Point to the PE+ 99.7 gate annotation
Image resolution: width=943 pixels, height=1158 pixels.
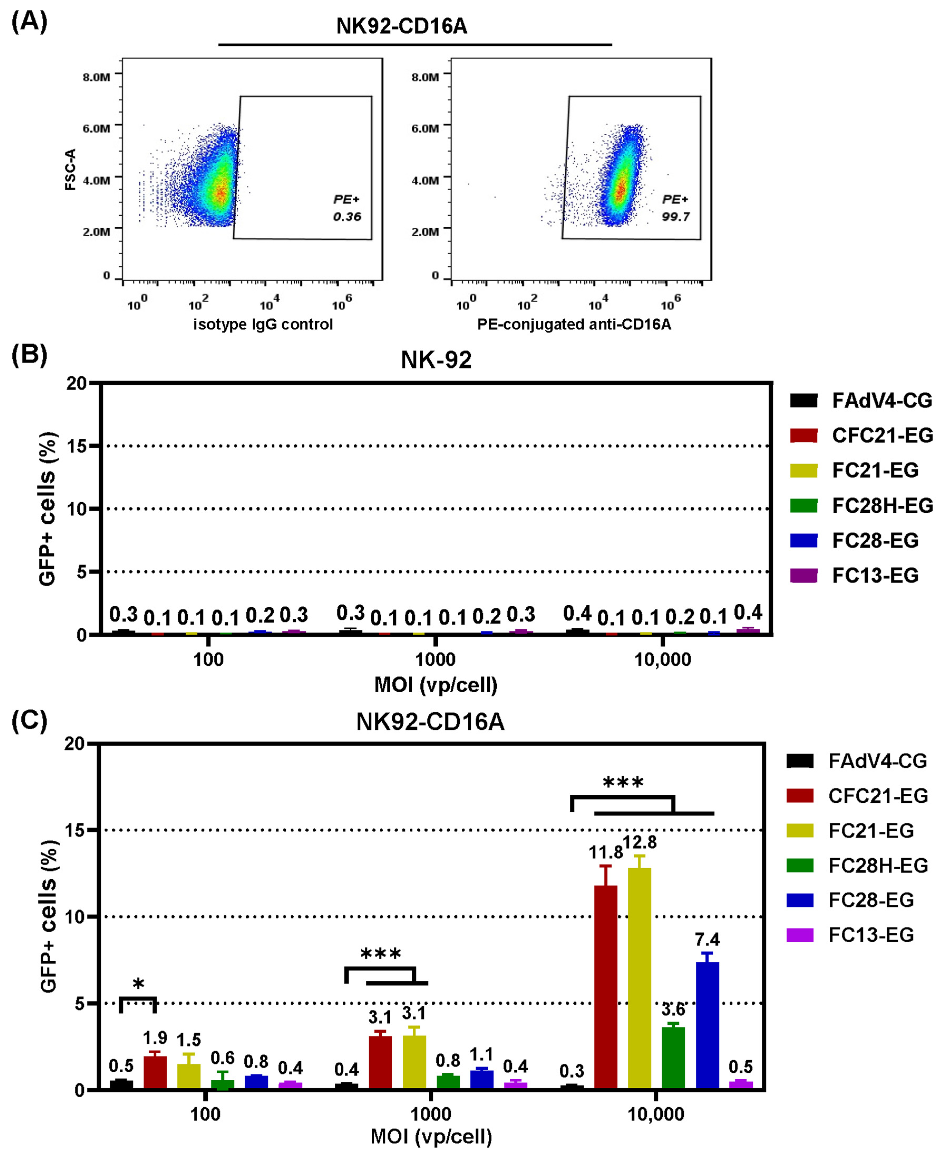tap(675, 208)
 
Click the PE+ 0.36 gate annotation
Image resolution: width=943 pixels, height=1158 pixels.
tap(347, 208)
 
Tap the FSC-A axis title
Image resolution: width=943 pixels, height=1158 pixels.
tap(71, 169)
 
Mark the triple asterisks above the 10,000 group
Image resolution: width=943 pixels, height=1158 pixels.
tap(623, 783)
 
